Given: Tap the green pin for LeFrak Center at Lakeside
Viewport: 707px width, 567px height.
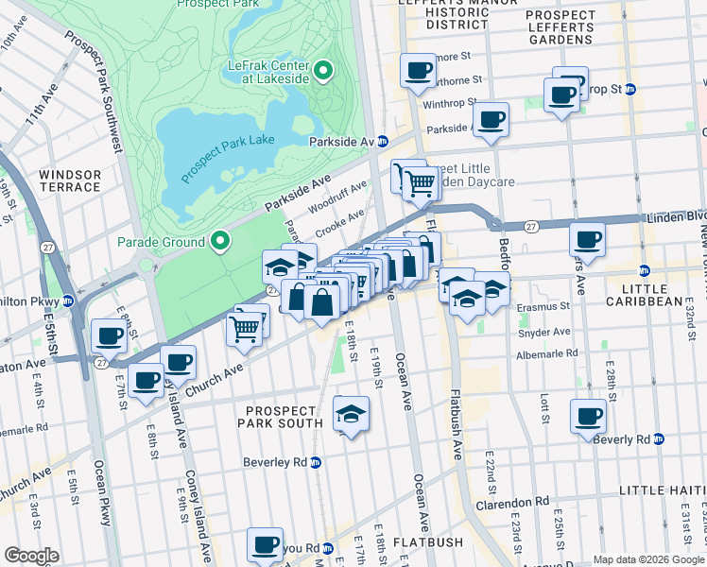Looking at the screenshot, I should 322,69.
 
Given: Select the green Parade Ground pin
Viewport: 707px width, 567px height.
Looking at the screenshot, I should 220,242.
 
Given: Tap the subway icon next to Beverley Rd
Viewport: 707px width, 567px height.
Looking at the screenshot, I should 317,462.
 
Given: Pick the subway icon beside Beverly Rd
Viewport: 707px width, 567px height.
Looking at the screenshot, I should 659,439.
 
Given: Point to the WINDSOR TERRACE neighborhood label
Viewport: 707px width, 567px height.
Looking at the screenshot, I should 70,180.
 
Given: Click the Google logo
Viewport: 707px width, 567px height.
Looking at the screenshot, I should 31,556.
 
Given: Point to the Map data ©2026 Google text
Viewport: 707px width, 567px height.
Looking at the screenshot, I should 648,558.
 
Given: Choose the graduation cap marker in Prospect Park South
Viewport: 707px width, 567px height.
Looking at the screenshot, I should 351,414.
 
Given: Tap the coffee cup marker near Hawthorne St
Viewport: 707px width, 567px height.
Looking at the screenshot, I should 417,71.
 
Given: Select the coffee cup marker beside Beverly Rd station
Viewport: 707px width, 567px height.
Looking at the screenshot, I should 588,416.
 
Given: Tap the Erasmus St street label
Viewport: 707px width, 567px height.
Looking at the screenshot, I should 543,306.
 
